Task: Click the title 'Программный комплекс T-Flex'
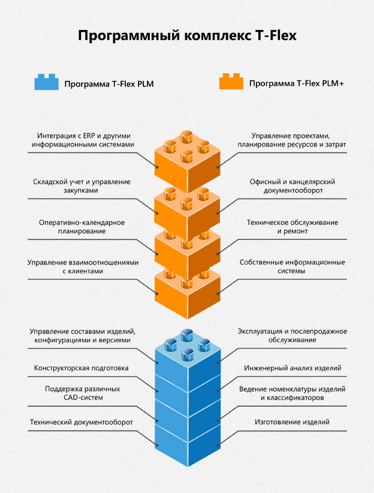point(187,35)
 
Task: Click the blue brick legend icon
point(47,82)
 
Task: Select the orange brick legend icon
point(231,82)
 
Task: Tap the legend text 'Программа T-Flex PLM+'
point(297,83)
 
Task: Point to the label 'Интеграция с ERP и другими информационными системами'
point(83,140)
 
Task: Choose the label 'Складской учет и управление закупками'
point(82,186)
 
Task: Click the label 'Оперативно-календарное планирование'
point(82,227)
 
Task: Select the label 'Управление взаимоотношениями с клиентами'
point(83,267)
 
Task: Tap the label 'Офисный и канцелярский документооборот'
point(292,186)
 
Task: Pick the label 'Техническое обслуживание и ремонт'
point(292,227)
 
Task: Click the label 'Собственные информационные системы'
point(292,267)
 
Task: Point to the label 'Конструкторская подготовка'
point(81,368)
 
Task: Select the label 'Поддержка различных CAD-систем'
point(83,393)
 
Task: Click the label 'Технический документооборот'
point(82,422)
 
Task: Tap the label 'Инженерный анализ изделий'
point(292,368)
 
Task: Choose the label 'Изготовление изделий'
point(292,422)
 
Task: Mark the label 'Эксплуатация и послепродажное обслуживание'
point(292,335)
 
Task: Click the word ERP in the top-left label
point(89,136)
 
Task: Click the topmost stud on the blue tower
point(187,335)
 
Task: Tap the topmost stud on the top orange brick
point(187,137)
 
